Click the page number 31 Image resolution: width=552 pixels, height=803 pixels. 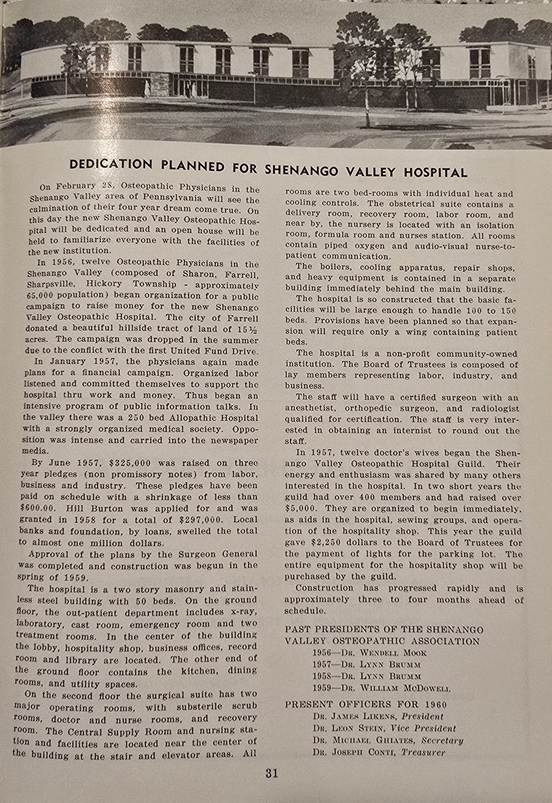[x=271, y=773]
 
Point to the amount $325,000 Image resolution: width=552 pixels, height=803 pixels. [x=130, y=463]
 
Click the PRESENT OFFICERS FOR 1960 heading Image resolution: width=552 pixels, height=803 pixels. [x=365, y=704]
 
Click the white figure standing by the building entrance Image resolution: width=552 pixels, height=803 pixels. [x=148, y=88]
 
